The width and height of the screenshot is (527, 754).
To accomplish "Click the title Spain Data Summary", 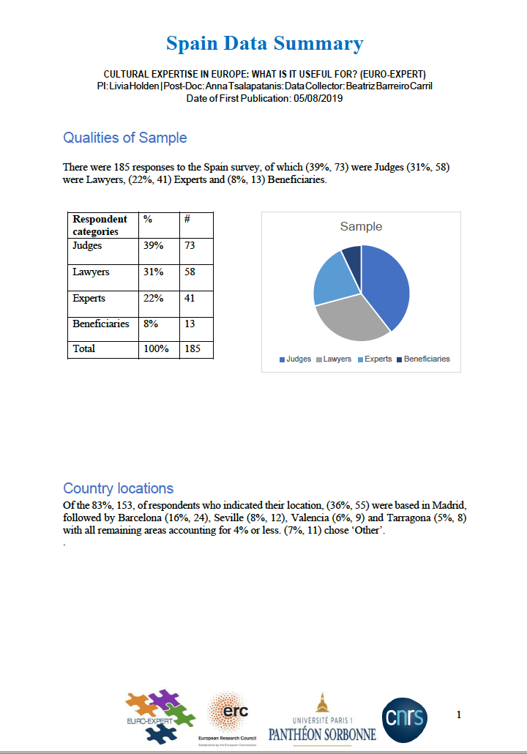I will (x=264, y=44).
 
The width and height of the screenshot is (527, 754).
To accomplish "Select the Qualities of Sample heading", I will (x=125, y=138).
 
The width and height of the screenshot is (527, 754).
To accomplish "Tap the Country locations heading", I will (x=119, y=488).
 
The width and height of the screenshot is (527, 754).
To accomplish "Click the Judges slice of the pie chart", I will (x=386, y=285).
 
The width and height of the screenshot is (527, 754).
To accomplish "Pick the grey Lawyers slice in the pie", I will (x=350, y=319).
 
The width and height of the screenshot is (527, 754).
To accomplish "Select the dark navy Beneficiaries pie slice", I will (x=353, y=256).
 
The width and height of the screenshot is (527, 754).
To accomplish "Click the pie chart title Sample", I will (x=361, y=227).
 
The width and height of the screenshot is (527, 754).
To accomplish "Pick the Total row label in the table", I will (x=84, y=348).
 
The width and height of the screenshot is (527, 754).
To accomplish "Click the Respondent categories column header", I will (x=100, y=225).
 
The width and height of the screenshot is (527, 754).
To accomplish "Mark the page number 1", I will (x=459, y=714).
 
